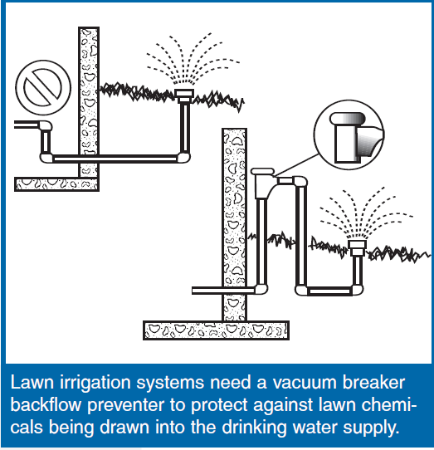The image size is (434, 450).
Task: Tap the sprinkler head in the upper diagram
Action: click(x=184, y=96)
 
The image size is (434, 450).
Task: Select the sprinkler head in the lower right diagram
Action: click(x=357, y=248)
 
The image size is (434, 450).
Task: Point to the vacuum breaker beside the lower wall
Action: click(x=262, y=183)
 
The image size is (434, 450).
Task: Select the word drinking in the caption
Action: click(x=255, y=428)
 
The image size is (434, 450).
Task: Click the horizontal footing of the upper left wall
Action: click(x=56, y=184)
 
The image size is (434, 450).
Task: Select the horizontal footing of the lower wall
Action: click(x=216, y=330)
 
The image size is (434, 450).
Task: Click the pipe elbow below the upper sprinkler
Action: click(x=183, y=158)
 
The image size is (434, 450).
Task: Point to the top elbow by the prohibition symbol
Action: click(x=46, y=125)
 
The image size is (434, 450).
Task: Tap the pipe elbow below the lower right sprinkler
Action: click(x=356, y=289)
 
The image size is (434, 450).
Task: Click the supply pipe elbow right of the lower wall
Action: click(x=261, y=289)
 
